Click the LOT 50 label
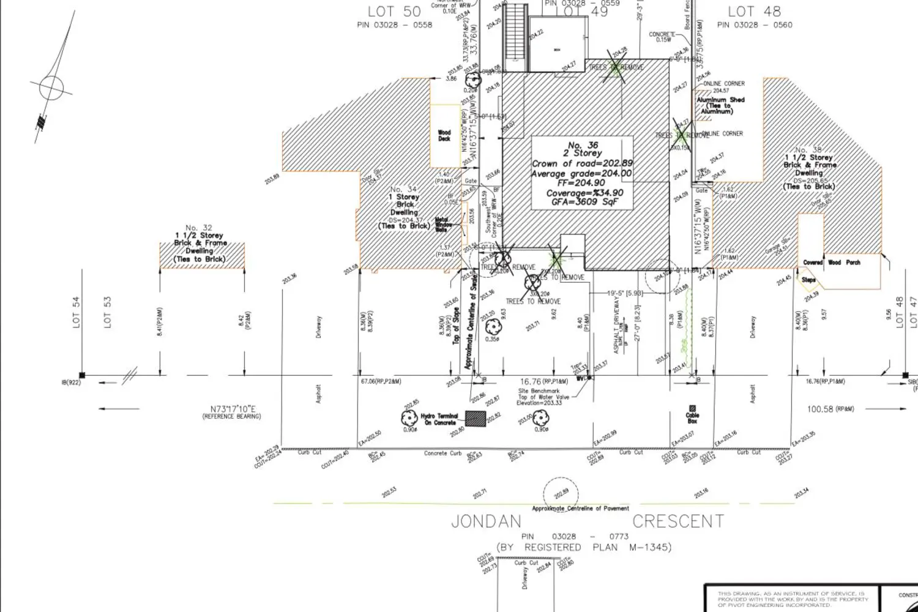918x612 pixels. [x=394, y=11]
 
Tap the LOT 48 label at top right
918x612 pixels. [x=754, y=11]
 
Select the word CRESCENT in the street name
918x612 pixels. [x=677, y=521]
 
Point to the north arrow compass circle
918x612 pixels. [x=51, y=88]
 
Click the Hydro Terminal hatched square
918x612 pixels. [x=475, y=419]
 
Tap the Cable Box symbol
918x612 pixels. [x=692, y=409]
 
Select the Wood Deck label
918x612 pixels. [x=444, y=135]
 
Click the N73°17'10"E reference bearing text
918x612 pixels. [x=231, y=412]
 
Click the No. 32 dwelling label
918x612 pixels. [x=200, y=243]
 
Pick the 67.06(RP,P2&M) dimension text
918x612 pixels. [x=381, y=381]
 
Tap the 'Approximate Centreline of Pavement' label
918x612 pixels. [x=580, y=509]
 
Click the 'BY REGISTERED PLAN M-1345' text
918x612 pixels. [x=583, y=547]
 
